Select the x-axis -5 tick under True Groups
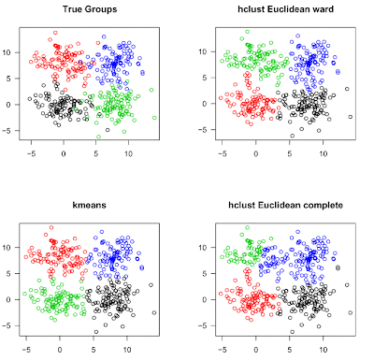32,152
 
